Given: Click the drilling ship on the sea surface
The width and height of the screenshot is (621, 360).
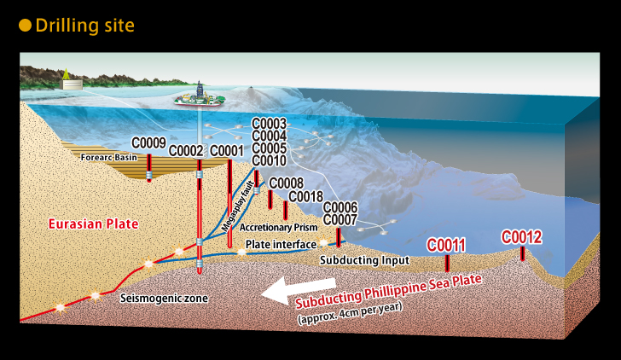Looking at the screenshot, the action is click(x=200, y=98).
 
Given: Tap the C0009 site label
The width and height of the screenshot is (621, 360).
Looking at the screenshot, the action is click(x=148, y=143).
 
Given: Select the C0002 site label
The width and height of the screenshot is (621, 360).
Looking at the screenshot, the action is click(x=186, y=151).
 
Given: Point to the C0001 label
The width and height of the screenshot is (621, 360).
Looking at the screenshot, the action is click(x=227, y=151).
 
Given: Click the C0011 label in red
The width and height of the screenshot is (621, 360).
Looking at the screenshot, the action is click(x=446, y=246).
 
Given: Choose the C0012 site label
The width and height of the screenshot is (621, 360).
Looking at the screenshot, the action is click(x=521, y=237).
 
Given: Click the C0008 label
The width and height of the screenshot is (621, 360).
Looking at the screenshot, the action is click(x=287, y=183).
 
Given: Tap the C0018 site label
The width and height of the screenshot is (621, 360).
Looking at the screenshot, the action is click(x=305, y=196).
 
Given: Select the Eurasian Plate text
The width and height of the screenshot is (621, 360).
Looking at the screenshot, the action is click(x=94, y=224).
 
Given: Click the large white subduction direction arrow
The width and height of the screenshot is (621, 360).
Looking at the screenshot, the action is click(x=299, y=290).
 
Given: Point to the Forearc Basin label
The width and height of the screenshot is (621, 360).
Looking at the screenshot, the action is click(x=109, y=158).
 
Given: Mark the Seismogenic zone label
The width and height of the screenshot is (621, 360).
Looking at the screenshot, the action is click(x=164, y=298).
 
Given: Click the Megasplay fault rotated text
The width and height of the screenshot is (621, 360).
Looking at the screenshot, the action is click(x=238, y=206).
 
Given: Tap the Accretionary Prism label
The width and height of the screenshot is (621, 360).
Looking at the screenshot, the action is click(x=278, y=227).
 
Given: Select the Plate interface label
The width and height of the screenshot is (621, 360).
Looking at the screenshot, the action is click(x=281, y=244).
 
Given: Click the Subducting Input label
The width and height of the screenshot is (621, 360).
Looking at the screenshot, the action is click(x=365, y=260).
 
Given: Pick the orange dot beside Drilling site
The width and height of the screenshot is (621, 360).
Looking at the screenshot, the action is click(x=25, y=26).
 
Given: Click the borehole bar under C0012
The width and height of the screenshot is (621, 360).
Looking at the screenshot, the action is click(x=522, y=253).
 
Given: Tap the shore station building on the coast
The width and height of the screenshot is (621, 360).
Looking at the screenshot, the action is click(x=72, y=84).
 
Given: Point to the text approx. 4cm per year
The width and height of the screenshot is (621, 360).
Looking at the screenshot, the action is click(x=350, y=313).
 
